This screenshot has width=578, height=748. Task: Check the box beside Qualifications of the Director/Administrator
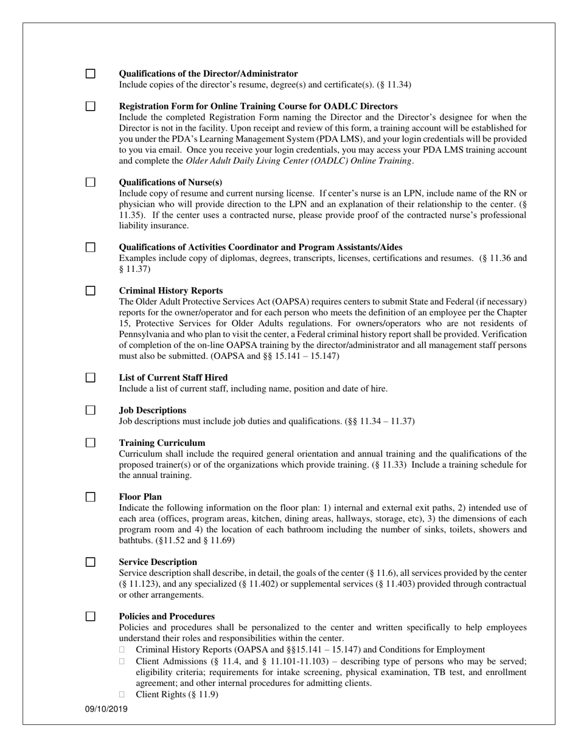[90, 74]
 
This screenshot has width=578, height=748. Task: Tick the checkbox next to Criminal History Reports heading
[90, 291]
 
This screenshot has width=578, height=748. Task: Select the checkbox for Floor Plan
[90, 497]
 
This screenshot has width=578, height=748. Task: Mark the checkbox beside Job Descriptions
[90, 410]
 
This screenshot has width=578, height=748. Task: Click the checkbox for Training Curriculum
[90, 443]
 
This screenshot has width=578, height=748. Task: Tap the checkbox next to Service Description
[90, 562]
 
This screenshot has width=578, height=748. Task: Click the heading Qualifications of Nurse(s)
[170, 182]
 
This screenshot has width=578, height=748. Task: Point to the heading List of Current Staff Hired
[173, 378]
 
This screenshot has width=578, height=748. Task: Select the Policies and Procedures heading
[167, 616]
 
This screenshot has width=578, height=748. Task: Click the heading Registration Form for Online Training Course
[258, 106]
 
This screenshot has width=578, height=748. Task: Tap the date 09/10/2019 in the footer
[106, 709]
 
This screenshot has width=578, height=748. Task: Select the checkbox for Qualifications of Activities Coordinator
[90, 247]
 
